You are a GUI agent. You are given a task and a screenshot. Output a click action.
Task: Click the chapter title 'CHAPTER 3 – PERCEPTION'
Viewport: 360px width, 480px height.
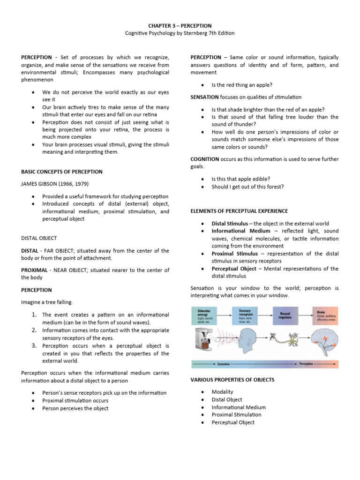coord(180,25)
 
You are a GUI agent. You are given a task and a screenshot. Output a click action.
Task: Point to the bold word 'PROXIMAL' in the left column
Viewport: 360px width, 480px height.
coord(34,270)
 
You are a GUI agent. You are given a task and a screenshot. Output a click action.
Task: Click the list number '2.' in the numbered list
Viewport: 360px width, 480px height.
coord(35,330)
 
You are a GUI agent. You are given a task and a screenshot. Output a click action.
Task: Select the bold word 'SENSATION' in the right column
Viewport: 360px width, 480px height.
coord(204,97)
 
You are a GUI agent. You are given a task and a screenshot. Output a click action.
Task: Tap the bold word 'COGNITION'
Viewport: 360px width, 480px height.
coord(205,159)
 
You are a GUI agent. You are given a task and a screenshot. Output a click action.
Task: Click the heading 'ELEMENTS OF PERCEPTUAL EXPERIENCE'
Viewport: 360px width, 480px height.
coord(239,211)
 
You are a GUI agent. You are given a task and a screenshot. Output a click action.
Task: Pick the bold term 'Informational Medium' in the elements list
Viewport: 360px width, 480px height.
coord(241,231)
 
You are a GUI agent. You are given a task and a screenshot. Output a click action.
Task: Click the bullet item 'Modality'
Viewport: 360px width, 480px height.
coord(222,392)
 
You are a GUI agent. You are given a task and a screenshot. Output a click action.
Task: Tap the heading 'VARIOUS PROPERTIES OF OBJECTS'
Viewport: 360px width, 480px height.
coord(232,379)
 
